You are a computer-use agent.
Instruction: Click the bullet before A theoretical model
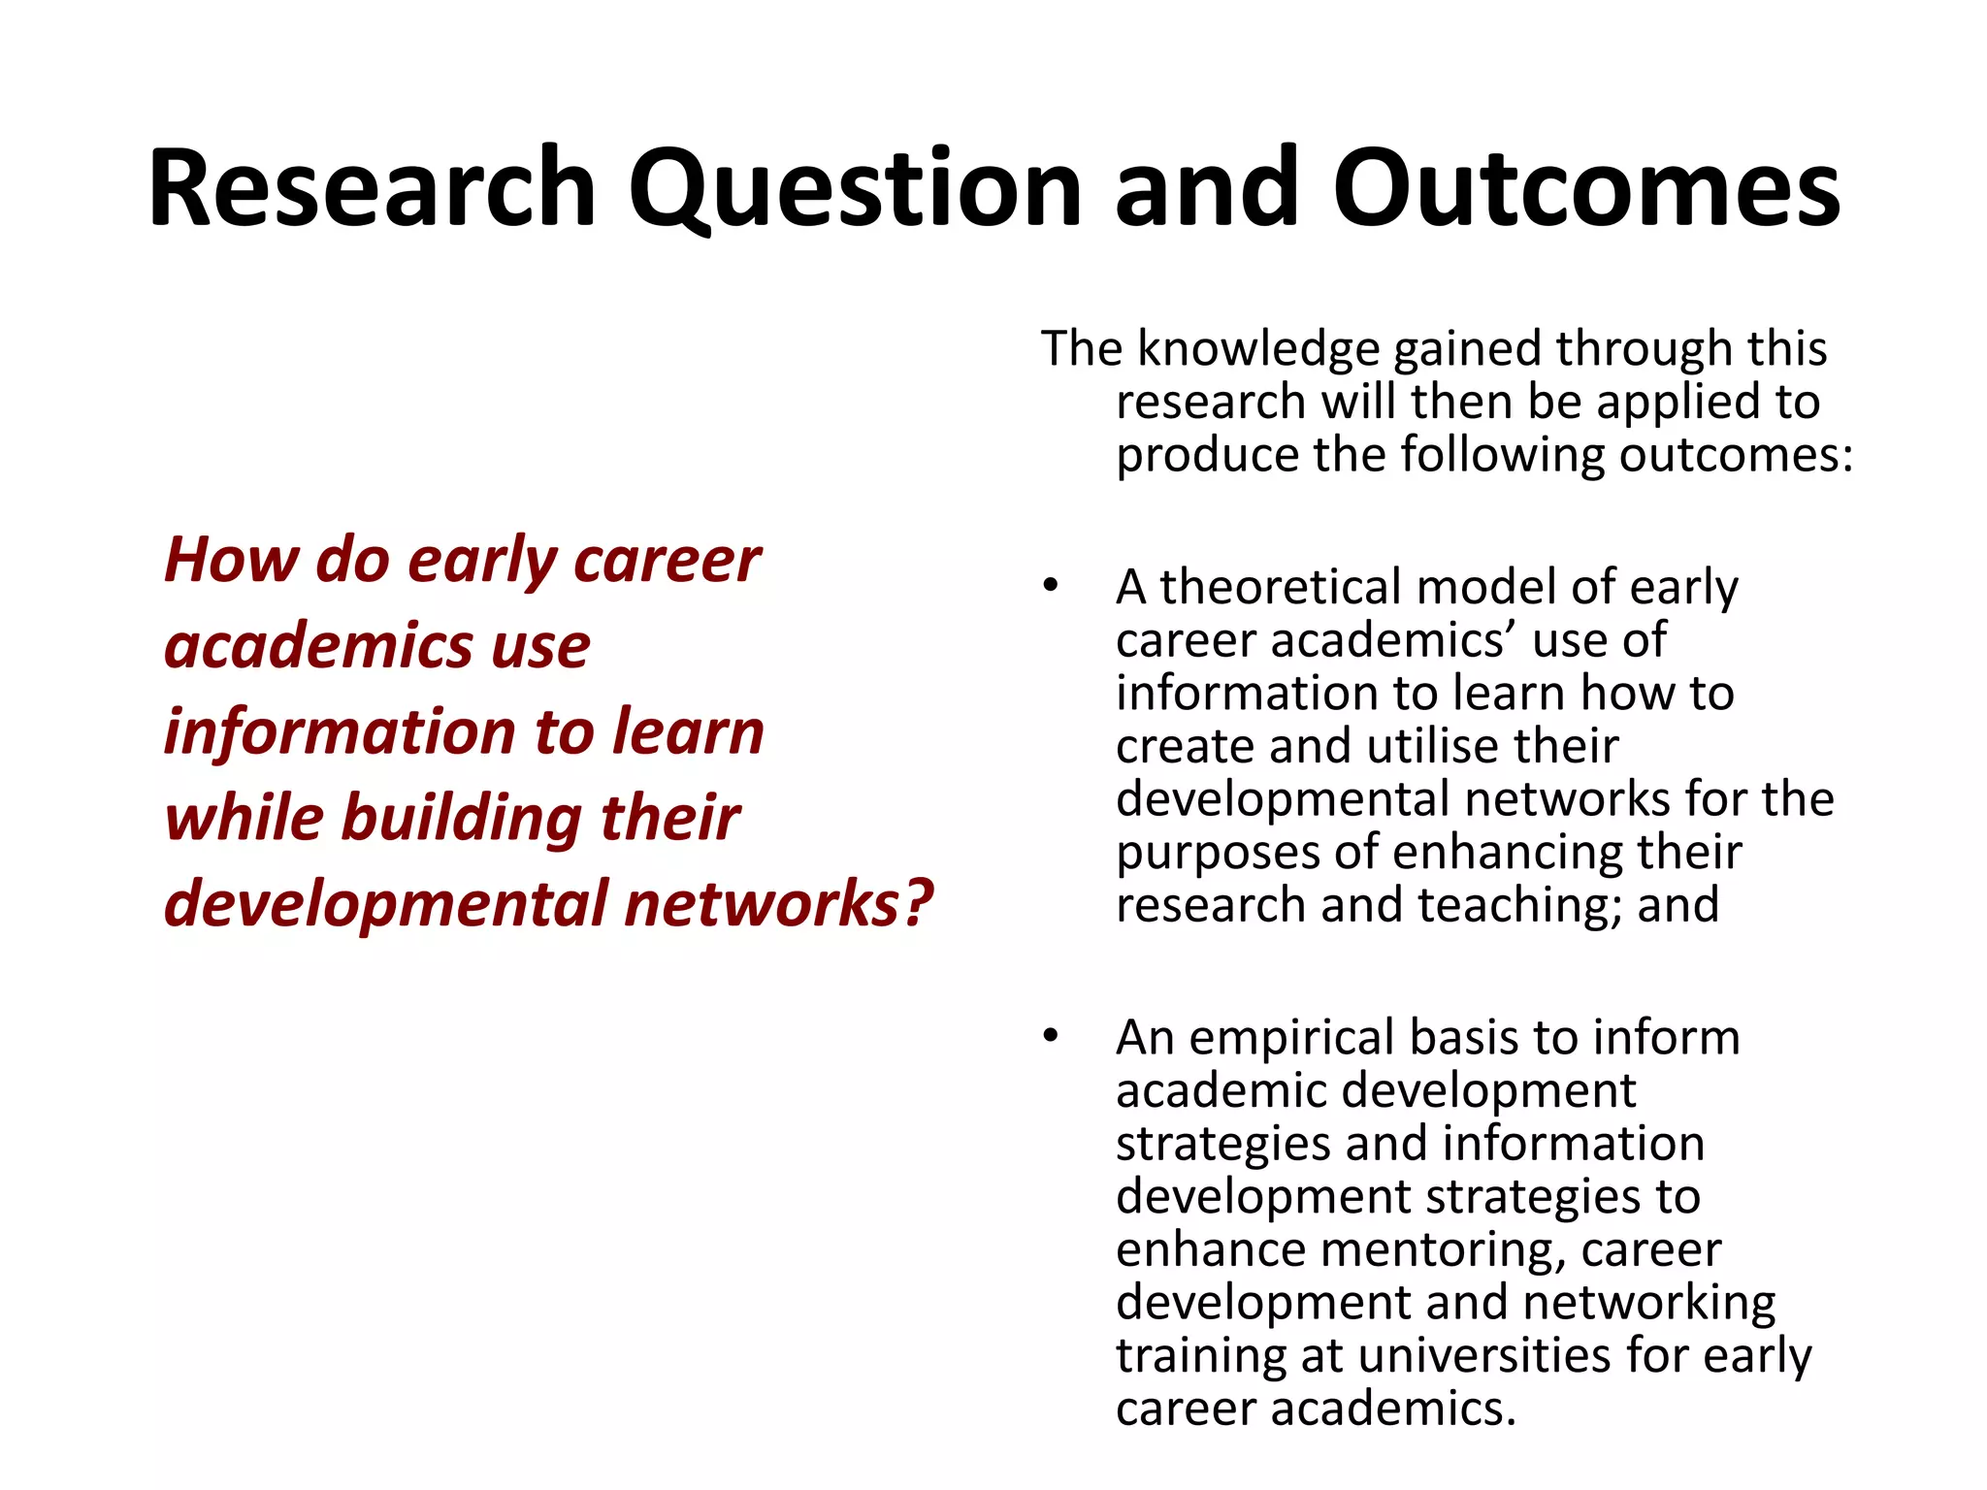(x=1051, y=586)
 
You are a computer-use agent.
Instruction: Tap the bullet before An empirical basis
(x=1051, y=1036)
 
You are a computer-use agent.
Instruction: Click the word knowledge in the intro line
(x=1258, y=349)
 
